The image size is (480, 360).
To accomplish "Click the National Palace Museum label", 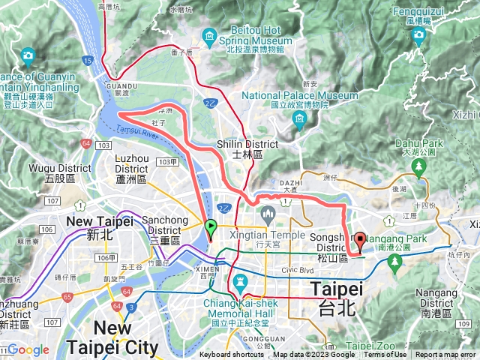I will [300, 96].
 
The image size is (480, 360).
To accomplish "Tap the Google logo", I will [28, 349].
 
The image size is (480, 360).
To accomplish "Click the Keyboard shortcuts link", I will [232, 355].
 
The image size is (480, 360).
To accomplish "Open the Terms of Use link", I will [385, 355].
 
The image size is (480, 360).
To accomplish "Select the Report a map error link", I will [445, 355].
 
